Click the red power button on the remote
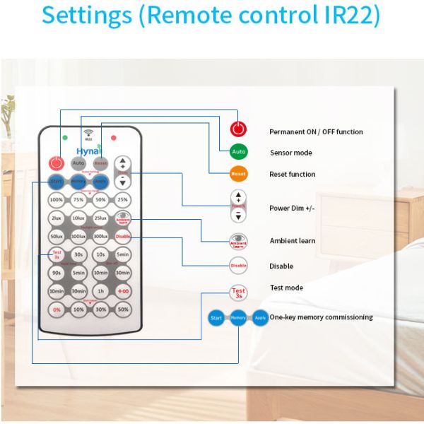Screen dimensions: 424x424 pyautogui.click(x=57, y=163)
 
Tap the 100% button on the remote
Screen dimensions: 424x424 pyautogui.click(x=57, y=200)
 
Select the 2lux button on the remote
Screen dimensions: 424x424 pyautogui.click(x=57, y=218)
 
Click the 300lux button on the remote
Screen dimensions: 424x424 pyautogui.click(x=100, y=236)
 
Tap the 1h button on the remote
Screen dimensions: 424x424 pyautogui.click(x=100, y=291)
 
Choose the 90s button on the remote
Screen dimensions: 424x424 pyautogui.click(x=57, y=273)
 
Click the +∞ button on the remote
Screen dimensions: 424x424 pyautogui.click(x=123, y=291)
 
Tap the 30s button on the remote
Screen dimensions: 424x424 pyautogui.click(x=78, y=254)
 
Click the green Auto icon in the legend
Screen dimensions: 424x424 pyautogui.click(x=239, y=152)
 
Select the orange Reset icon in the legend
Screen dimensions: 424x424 pyautogui.click(x=239, y=174)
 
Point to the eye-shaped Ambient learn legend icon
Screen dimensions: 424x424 pyautogui.click(x=239, y=241)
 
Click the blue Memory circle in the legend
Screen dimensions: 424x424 pyautogui.click(x=238, y=318)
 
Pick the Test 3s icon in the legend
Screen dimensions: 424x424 pyautogui.click(x=239, y=292)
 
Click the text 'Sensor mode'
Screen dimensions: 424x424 pyautogui.click(x=290, y=153)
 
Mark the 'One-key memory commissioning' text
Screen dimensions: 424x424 pyautogui.click(x=321, y=317)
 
